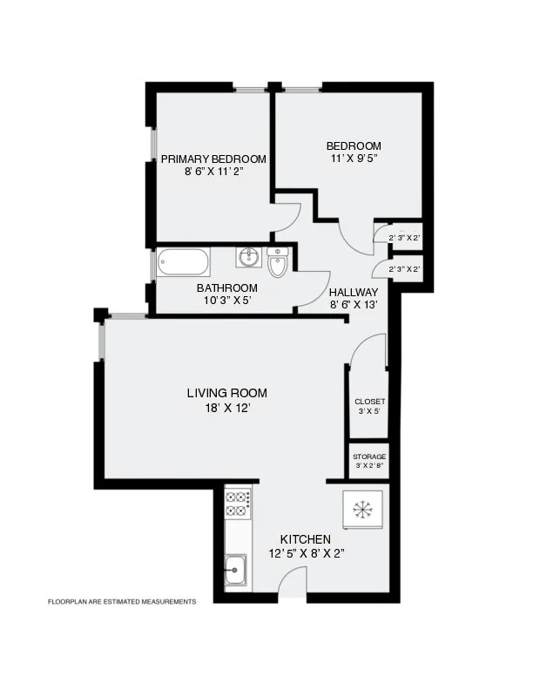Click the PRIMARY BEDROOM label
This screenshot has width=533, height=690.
(213, 159)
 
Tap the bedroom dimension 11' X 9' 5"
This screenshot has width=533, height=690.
(354, 158)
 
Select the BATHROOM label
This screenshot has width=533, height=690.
(226, 288)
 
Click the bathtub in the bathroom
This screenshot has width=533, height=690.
(183, 262)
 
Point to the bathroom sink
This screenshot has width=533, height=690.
(249, 256)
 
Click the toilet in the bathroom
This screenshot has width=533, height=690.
(278, 262)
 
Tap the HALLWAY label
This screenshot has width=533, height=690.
(354, 293)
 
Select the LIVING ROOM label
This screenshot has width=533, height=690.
(226, 393)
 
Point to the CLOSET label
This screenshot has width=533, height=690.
(369, 402)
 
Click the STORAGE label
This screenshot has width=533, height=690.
(369, 457)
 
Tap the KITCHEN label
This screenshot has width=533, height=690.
(305, 539)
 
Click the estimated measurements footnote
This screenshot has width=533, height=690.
(121, 601)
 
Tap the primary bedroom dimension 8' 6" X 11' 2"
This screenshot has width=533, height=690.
(213, 172)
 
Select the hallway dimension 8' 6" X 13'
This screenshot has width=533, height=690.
(354, 306)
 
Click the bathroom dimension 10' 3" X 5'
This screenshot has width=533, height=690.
(226, 301)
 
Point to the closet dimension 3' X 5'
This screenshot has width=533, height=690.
(369, 412)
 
